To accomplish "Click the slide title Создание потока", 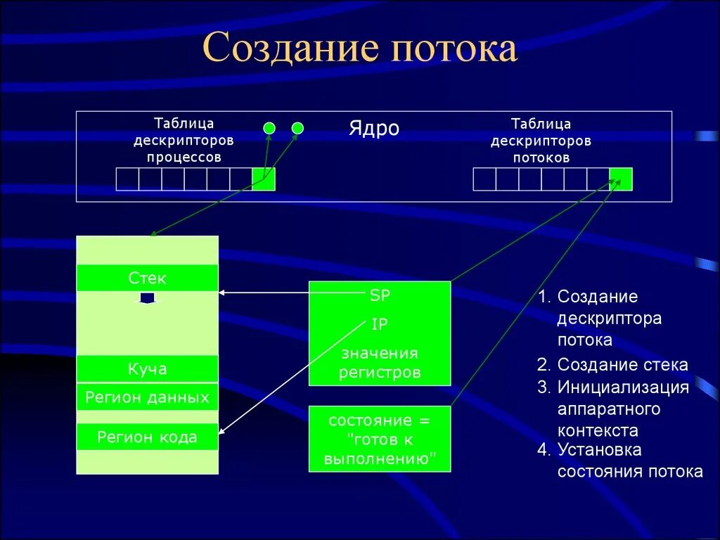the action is coord(359,50).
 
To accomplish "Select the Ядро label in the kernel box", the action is coord(374,129).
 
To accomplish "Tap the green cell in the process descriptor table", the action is coord(264,179).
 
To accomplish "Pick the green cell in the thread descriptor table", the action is coord(621,179).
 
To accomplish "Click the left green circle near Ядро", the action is coord(269,128).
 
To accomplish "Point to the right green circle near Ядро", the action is coord(297,128).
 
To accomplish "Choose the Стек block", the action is coord(147,278).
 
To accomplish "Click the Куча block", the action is coord(147,368).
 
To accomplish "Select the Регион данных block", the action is coord(147,397).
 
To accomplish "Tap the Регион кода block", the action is coord(147,437).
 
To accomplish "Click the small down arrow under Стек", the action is coord(147,299).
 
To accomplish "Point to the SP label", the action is coord(380,295).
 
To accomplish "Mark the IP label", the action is coord(380,324).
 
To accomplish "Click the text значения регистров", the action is coord(380,363).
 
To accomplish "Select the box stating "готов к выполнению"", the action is coord(380,439).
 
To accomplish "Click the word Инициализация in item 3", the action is coord(623,387).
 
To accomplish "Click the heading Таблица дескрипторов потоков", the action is coord(541,141).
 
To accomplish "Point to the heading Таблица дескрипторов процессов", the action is coord(184,141).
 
